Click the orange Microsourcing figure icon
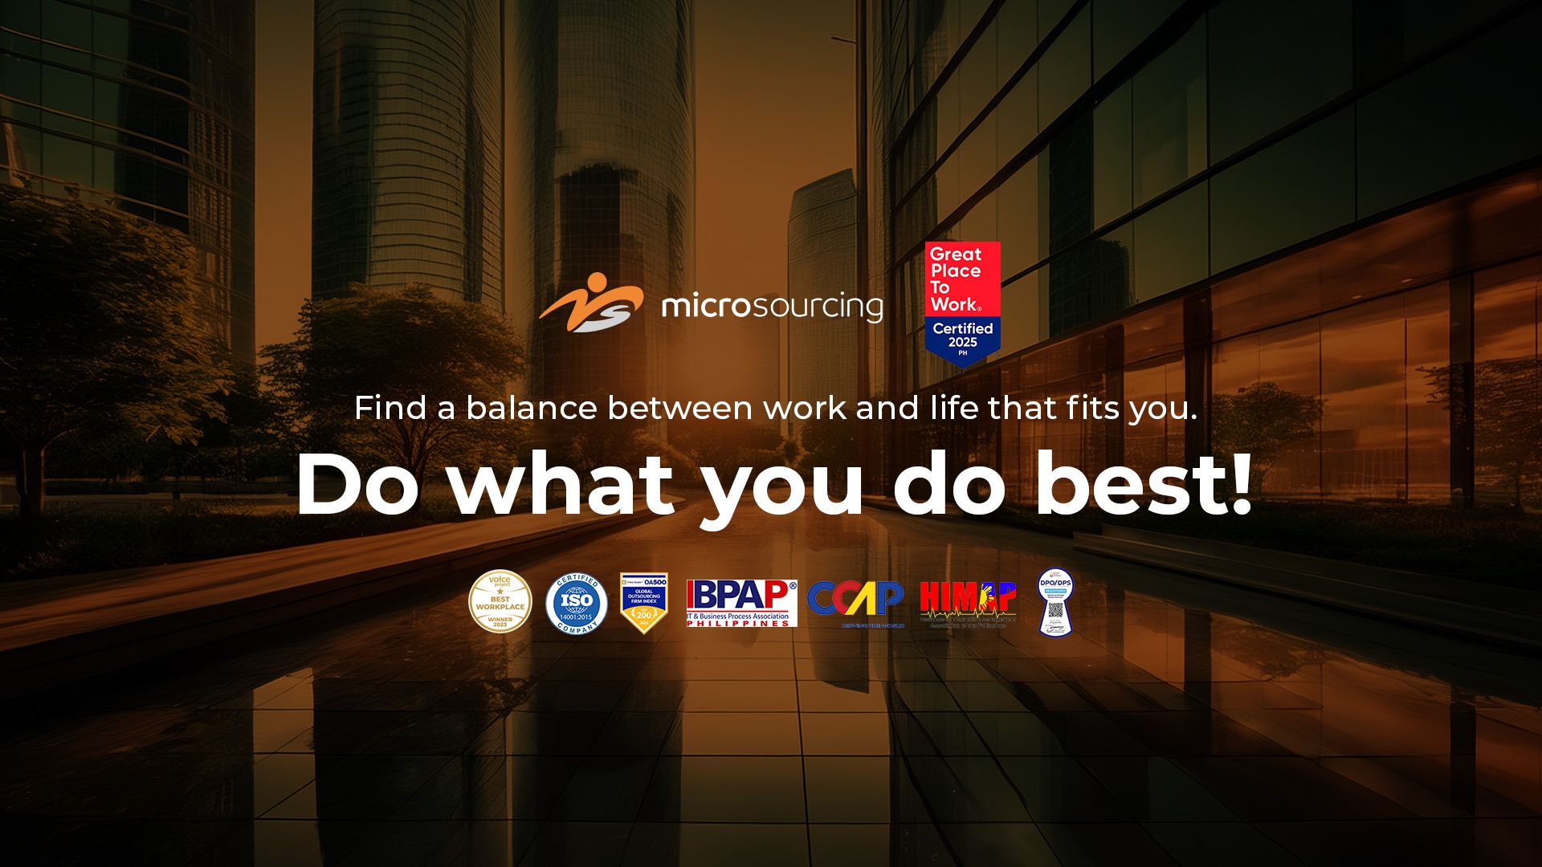tap(592, 303)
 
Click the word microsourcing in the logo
tap(772, 307)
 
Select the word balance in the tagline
tap(532, 408)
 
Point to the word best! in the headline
tap(1143, 484)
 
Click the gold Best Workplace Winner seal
tap(500, 602)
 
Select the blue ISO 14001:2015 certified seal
tap(576, 604)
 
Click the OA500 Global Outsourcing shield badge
tap(643, 602)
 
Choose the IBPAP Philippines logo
tap(741, 602)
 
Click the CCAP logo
tap(855, 602)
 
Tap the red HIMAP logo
tap(968, 602)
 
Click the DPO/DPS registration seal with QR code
tap(1055, 602)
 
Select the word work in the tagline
tap(805, 408)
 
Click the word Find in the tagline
tap(390, 408)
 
